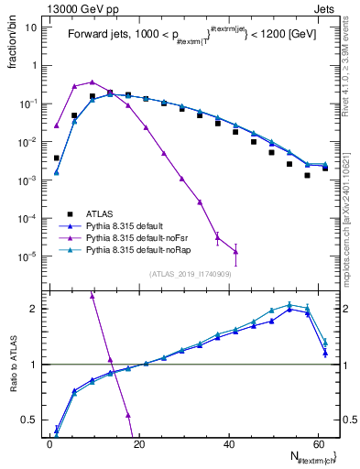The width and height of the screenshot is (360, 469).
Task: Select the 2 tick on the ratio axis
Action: tap(35, 309)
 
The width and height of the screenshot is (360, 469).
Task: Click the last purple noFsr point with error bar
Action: tap(235, 251)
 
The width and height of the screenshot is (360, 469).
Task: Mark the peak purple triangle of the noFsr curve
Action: tap(93, 82)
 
